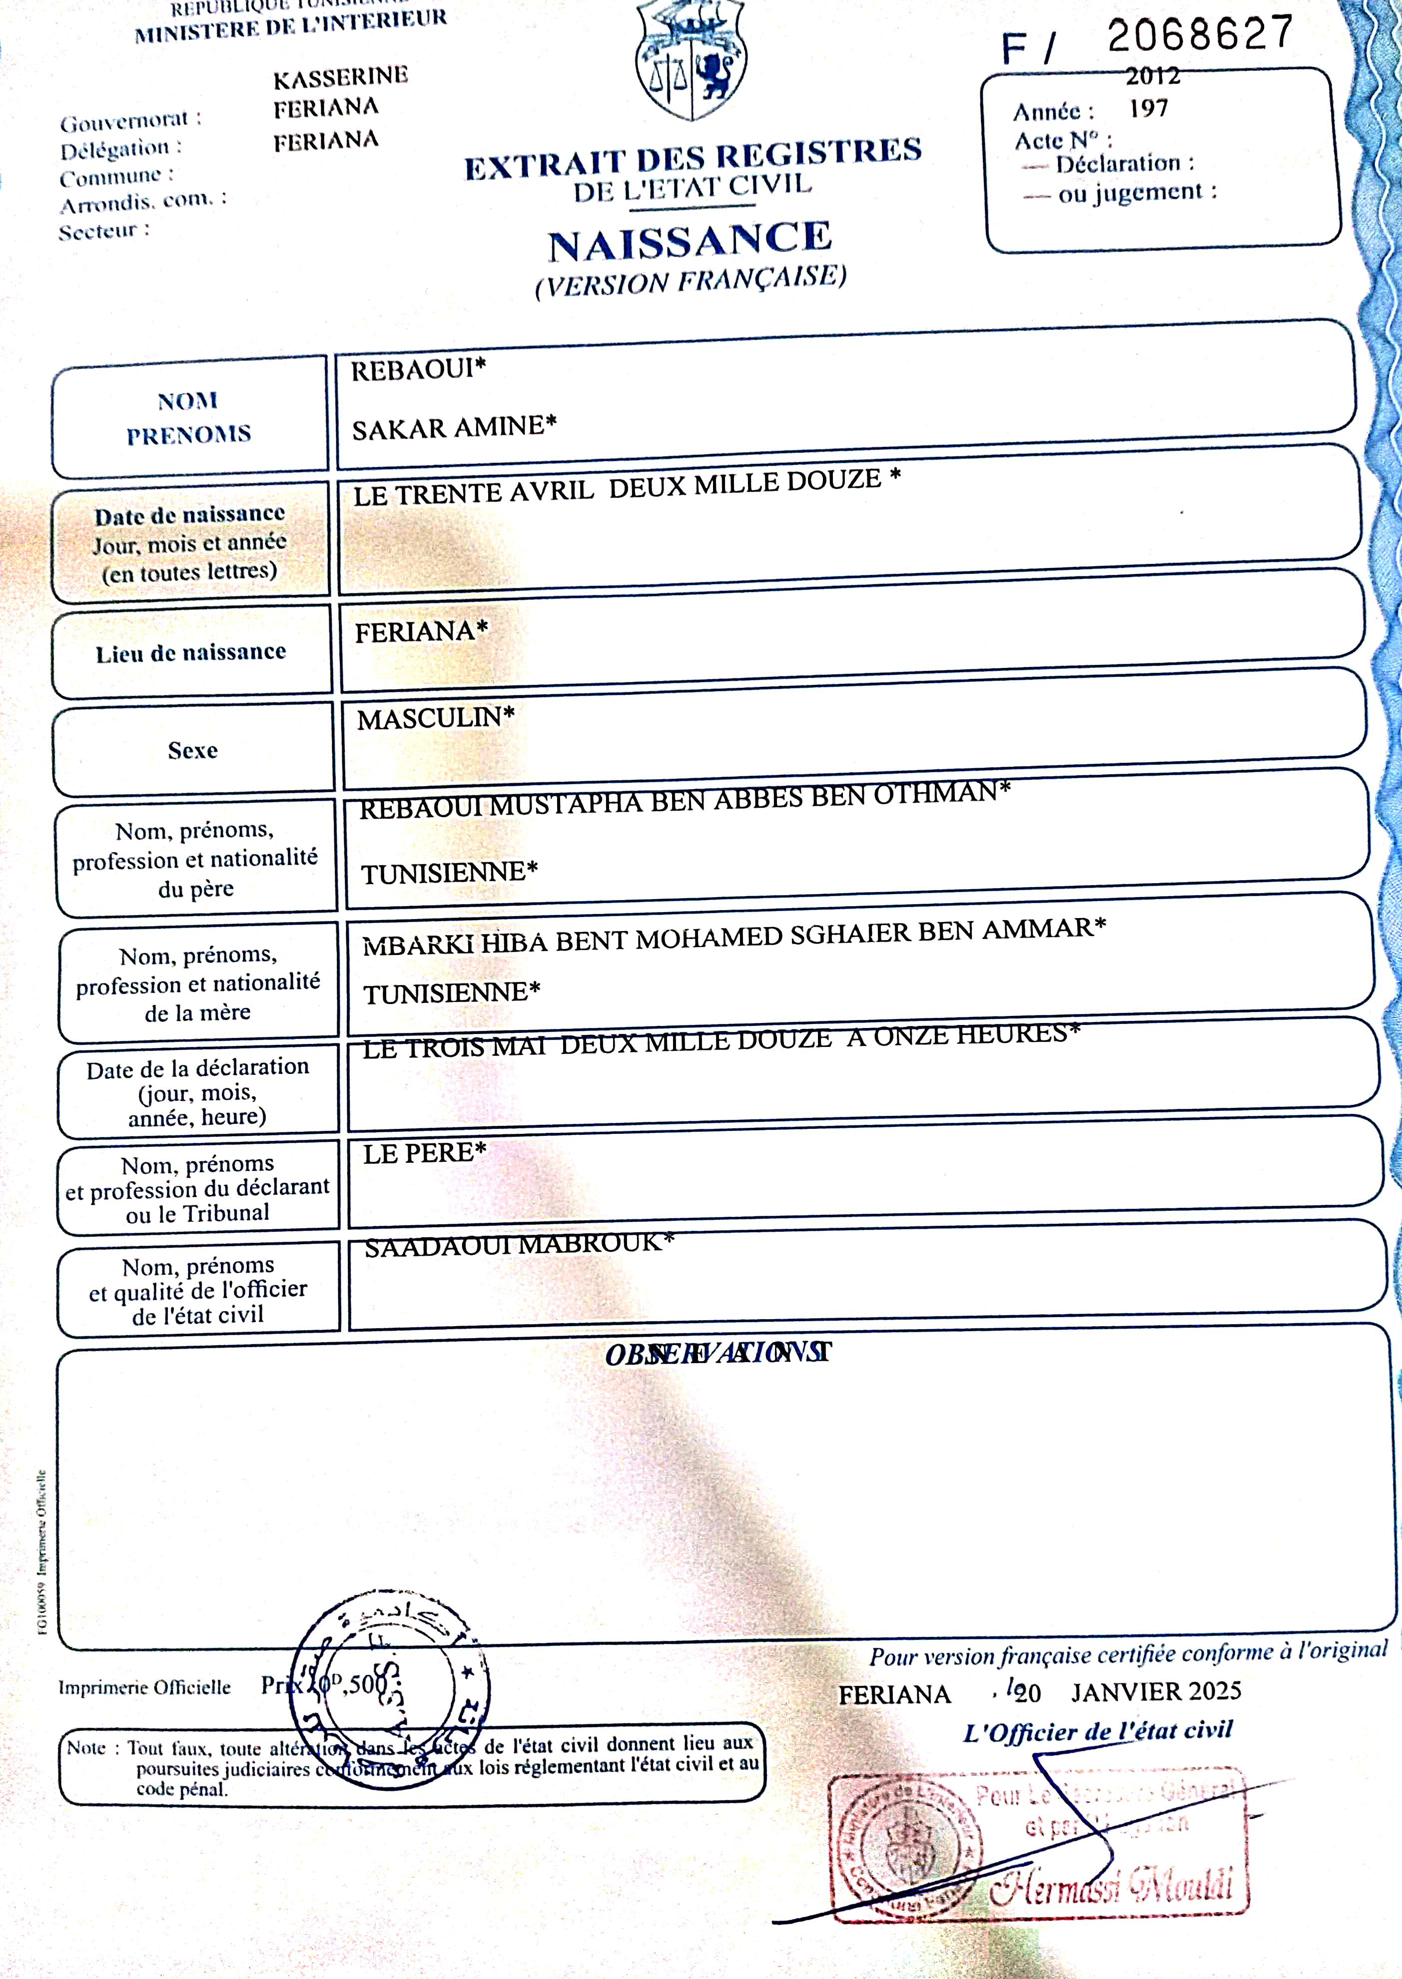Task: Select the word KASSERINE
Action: point(340,78)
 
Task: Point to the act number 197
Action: point(1148,109)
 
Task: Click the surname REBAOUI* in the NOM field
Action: point(418,370)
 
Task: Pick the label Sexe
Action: point(192,750)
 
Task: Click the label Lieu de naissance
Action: point(191,652)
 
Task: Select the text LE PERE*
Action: point(424,1153)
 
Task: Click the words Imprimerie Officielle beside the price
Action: point(144,1687)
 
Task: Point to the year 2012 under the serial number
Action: point(1153,76)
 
